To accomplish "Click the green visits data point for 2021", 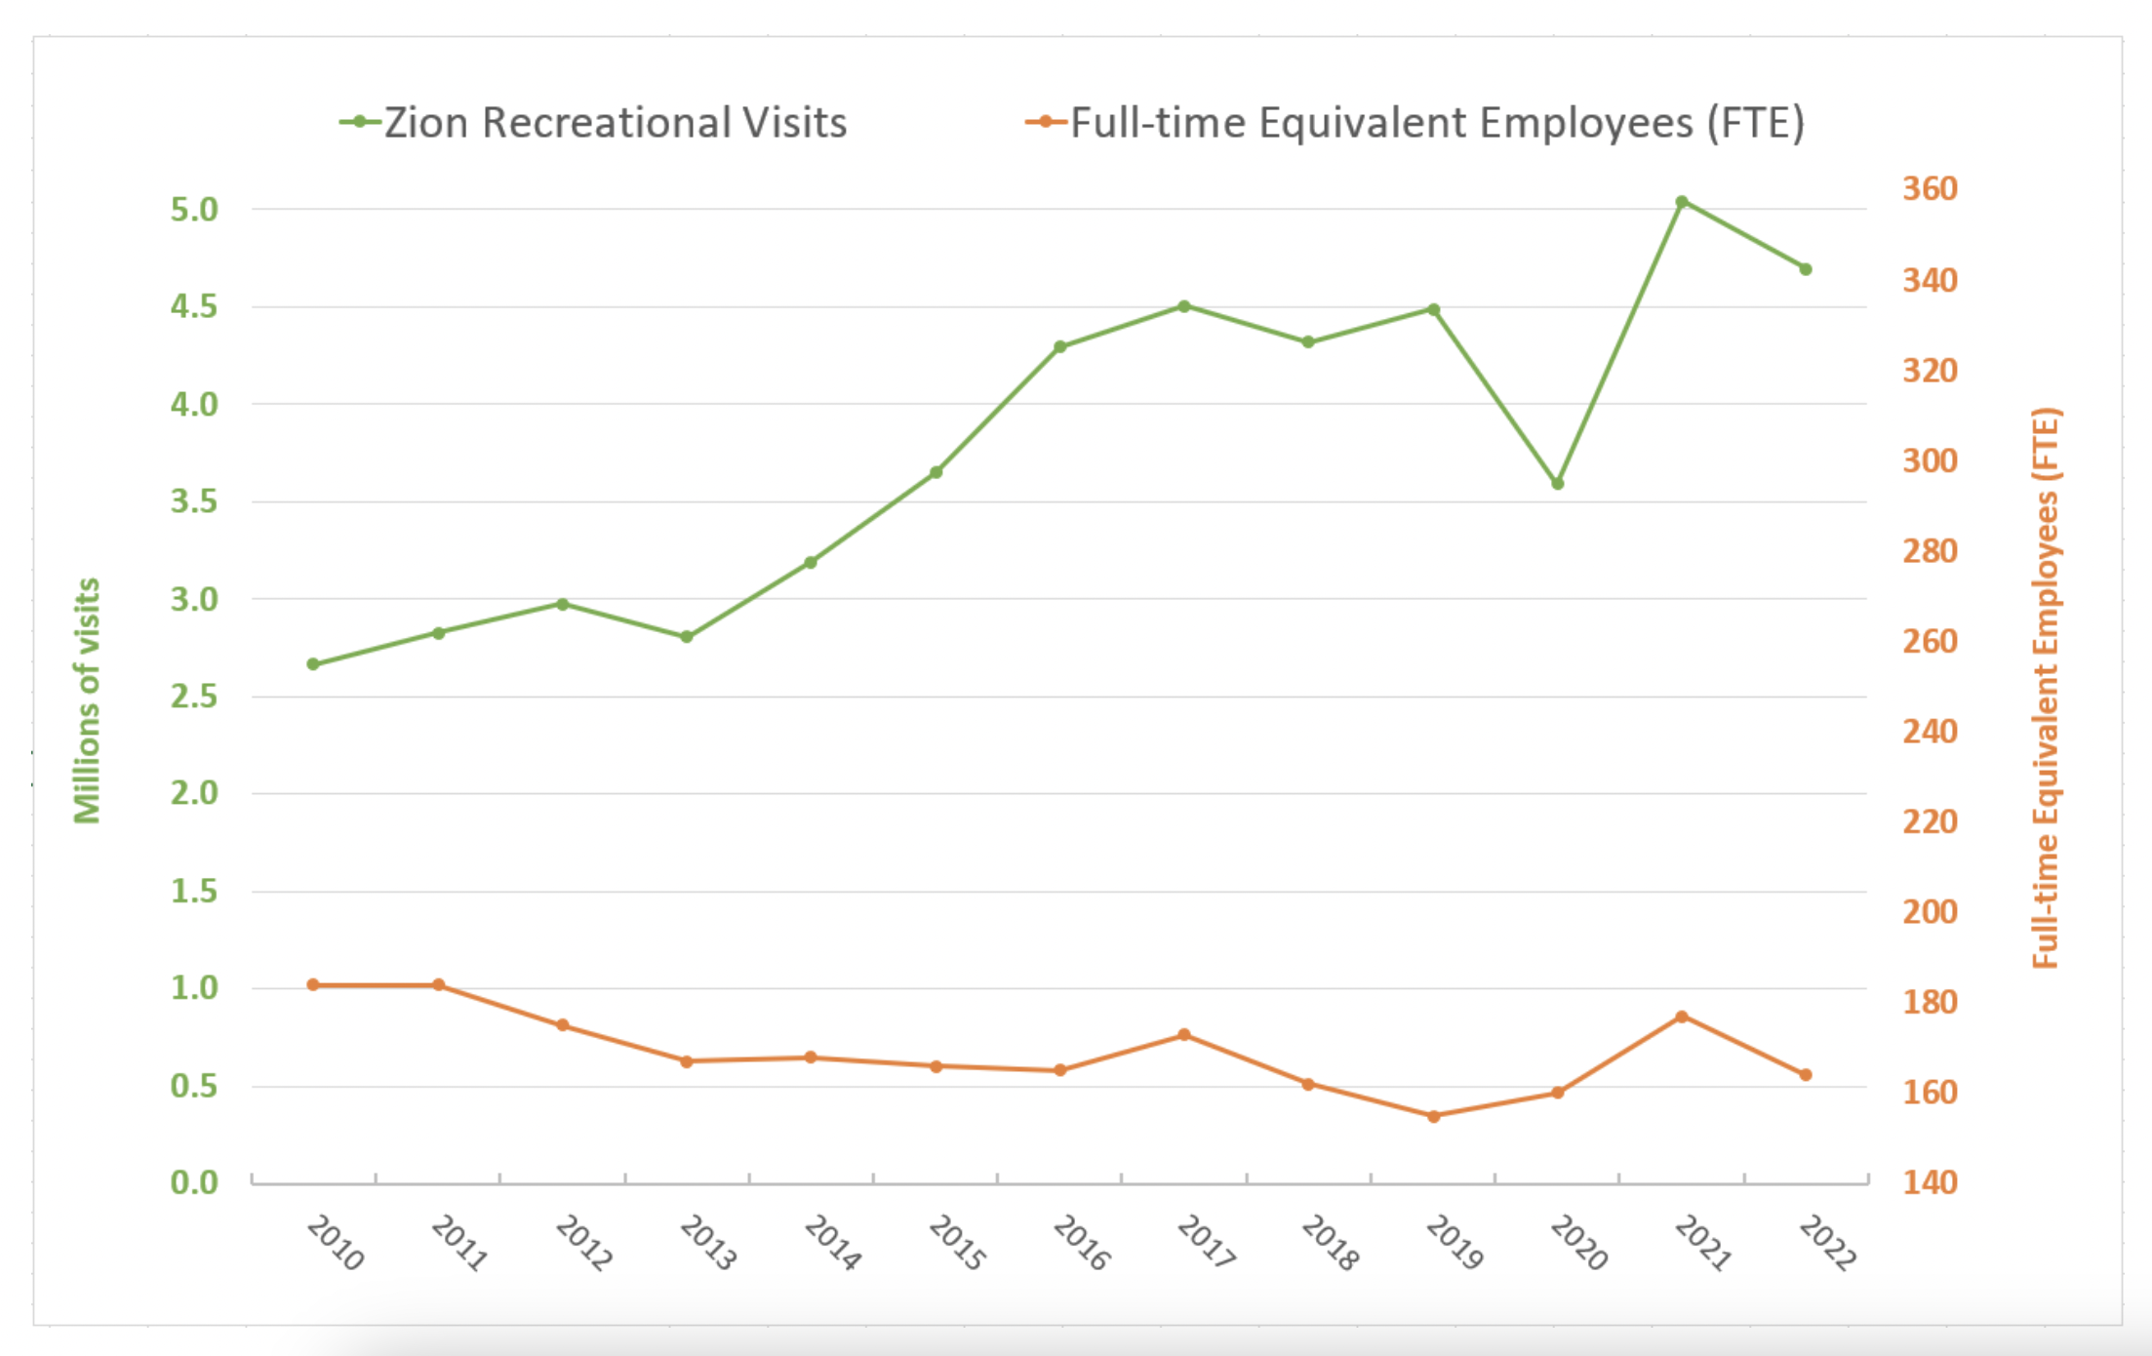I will tap(1682, 202).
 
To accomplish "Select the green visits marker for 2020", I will tap(1558, 484).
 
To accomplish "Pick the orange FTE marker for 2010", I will tap(313, 985).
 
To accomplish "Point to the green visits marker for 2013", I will tap(687, 637).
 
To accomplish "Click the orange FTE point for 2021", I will tap(1682, 1017).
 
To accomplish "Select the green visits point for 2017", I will tap(1184, 306).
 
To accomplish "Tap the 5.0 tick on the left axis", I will tap(194, 210).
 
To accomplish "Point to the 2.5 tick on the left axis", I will tap(194, 697).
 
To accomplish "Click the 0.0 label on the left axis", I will tap(194, 1182).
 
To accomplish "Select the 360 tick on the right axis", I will tap(1930, 188).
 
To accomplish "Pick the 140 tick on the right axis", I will tap(1930, 1182).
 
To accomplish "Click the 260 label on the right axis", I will tap(1930, 641).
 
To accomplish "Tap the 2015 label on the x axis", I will tap(956, 1243).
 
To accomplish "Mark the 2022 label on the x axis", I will tap(1826, 1243).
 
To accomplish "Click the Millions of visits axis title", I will tap(88, 700).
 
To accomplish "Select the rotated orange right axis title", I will tap(2046, 688).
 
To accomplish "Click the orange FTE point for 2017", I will tap(1184, 1035).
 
